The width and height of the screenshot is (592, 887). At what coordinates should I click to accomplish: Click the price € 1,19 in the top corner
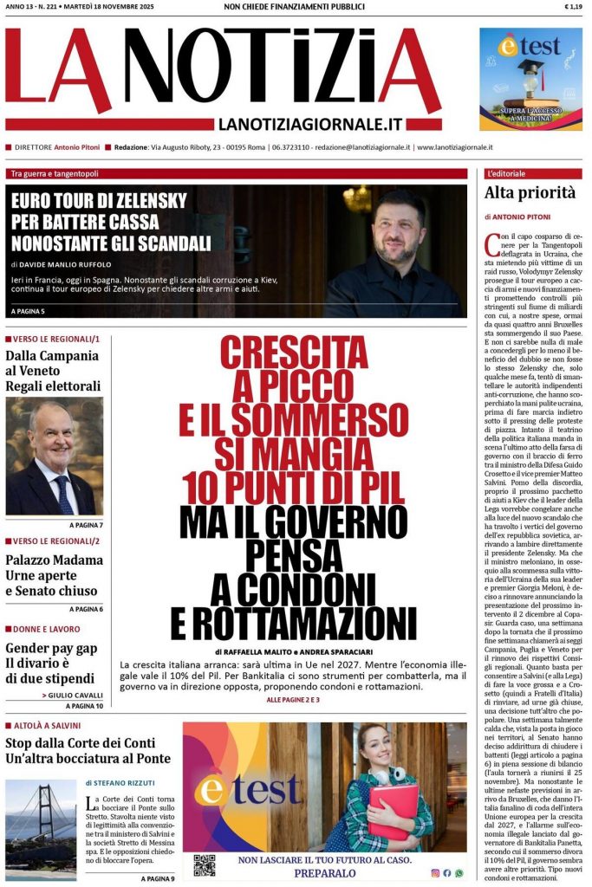(x=572, y=7)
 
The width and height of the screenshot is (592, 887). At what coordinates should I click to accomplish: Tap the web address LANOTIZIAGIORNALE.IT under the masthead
(x=309, y=125)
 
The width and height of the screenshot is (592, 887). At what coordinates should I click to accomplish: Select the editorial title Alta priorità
(x=530, y=193)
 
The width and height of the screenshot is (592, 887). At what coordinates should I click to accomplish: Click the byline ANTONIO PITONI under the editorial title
(x=535, y=217)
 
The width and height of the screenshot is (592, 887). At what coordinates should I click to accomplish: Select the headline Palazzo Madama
(x=54, y=560)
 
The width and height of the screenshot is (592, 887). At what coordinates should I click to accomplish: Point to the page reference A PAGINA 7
(x=86, y=525)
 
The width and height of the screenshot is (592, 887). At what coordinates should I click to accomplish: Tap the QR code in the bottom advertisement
(x=204, y=864)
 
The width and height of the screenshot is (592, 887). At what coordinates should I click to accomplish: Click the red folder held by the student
(x=392, y=811)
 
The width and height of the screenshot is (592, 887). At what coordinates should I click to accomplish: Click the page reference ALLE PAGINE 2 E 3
(x=293, y=699)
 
